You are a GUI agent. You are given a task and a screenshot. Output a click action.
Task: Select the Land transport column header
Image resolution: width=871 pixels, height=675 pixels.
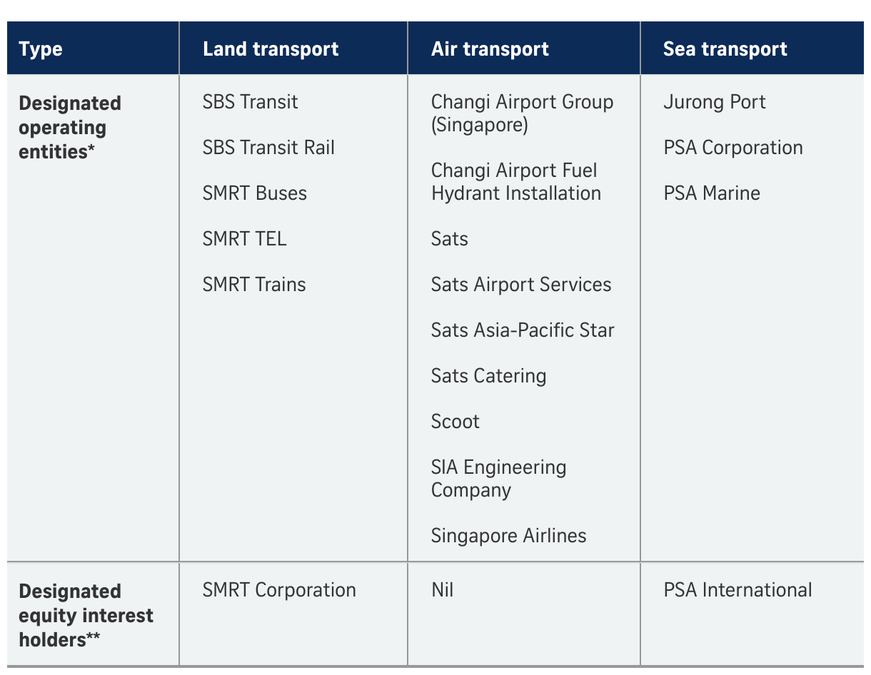tap(271, 49)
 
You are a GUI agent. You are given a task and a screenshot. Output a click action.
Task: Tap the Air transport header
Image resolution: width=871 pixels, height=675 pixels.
tap(490, 49)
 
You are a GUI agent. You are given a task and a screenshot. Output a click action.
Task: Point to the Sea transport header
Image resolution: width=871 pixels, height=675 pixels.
tap(725, 49)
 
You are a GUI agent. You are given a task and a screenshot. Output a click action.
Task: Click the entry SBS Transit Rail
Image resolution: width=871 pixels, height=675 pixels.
tap(268, 147)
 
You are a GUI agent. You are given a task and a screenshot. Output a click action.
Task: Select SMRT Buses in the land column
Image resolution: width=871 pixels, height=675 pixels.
tap(255, 193)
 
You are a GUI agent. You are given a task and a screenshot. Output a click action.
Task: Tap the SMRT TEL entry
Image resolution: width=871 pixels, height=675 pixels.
tap(244, 238)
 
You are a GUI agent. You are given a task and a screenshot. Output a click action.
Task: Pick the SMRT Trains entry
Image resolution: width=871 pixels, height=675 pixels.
tap(254, 284)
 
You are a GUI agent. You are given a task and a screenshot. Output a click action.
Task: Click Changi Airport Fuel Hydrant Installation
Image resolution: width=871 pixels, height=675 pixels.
tap(516, 181)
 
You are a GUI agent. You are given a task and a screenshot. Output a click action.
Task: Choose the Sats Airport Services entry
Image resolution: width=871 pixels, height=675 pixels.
tap(521, 284)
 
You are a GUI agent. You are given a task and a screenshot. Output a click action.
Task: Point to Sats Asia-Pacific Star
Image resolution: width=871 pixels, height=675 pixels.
tap(523, 330)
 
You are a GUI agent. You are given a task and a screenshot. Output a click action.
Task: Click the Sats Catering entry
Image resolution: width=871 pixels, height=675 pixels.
tap(488, 376)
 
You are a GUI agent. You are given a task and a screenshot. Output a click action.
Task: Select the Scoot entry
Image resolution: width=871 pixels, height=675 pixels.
tap(455, 421)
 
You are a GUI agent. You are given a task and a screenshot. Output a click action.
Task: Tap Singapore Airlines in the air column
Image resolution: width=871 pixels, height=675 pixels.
tap(508, 536)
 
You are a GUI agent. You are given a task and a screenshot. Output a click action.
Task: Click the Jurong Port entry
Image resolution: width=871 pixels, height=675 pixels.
tap(714, 102)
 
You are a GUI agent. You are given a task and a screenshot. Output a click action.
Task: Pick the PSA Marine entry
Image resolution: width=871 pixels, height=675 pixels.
tap(712, 193)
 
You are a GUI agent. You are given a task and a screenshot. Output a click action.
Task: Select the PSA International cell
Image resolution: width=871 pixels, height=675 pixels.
tap(737, 589)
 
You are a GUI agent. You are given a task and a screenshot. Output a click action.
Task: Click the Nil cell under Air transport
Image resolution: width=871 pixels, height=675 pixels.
tap(442, 589)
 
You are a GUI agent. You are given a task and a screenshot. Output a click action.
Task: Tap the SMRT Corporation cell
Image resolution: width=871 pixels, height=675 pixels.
tap(279, 589)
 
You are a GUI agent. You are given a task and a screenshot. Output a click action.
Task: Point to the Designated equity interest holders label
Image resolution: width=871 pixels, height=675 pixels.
tap(86, 615)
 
